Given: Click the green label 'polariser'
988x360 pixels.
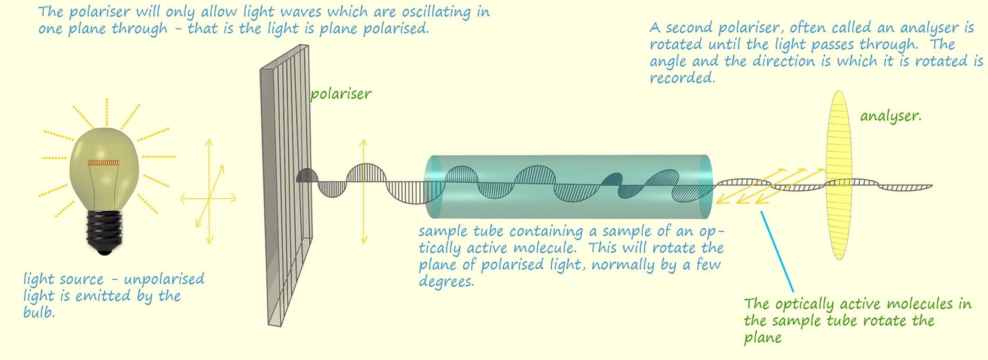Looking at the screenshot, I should coord(340,94).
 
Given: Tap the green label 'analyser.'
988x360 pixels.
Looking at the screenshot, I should coord(890,116).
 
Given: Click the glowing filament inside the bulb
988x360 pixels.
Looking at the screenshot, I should coord(103,162).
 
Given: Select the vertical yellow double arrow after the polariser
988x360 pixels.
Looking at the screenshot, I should coord(364,191).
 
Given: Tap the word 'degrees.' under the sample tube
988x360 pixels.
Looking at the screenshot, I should coord(446,282).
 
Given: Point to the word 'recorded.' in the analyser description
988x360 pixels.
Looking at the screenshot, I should coord(682,78).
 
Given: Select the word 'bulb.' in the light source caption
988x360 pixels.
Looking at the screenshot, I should coord(39,312).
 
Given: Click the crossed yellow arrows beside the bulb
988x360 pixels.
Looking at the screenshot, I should coord(209,191).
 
